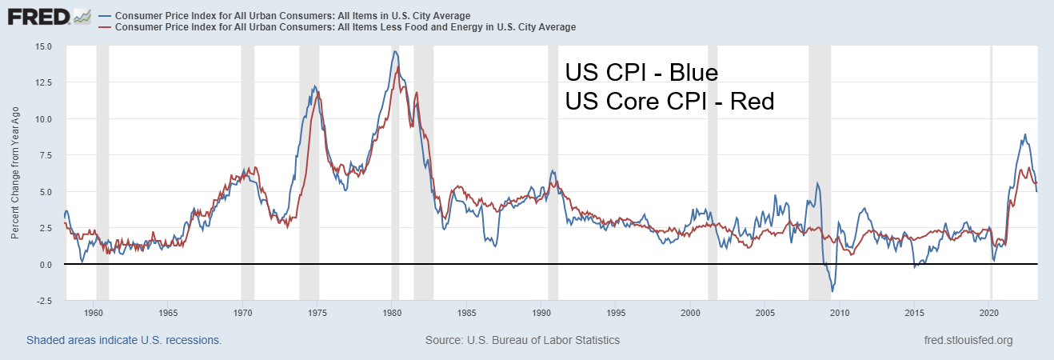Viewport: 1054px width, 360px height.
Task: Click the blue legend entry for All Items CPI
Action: [x=293, y=16]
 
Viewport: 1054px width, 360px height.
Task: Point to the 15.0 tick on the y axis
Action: [x=43, y=46]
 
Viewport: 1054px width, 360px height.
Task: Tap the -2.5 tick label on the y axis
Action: [x=43, y=301]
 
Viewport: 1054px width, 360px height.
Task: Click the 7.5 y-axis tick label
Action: [x=46, y=155]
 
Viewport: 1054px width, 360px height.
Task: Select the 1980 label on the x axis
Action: [x=391, y=312]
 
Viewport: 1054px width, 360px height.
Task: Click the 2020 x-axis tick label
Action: [x=989, y=312]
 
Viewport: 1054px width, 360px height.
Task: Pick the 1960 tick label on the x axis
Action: [x=93, y=312]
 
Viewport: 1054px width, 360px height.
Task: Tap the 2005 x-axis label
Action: [x=765, y=312]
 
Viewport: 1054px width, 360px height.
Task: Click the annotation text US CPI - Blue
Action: [x=642, y=73]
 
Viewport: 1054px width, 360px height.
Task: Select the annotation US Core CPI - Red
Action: [x=669, y=102]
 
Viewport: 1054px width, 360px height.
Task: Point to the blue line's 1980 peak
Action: [x=394, y=52]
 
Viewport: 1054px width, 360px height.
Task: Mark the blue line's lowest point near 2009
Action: [x=832, y=292]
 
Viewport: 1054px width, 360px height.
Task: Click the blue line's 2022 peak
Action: [x=1024, y=134]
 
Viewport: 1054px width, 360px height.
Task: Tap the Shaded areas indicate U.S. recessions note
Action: [x=124, y=340]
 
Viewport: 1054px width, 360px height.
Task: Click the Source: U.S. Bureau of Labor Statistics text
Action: [x=522, y=340]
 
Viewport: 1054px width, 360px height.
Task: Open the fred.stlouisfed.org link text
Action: [x=968, y=340]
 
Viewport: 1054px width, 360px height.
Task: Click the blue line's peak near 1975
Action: [x=314, y=86]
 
